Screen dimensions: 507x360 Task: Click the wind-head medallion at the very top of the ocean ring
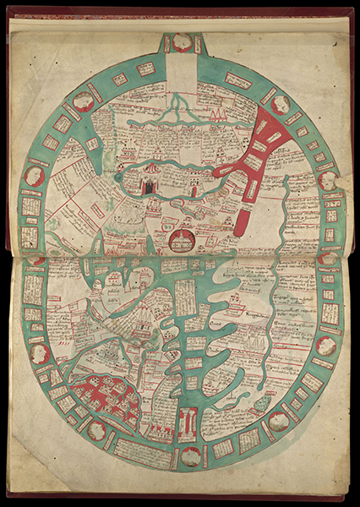pos(182,41)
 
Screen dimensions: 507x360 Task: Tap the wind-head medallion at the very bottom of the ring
pos(191,455)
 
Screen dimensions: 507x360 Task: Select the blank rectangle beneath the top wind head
pos(180,67)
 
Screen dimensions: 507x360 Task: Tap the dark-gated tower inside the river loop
pos(150,183)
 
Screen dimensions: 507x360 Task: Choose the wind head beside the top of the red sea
pos(281,104)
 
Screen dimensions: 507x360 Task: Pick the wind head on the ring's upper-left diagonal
pos(83,101)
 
